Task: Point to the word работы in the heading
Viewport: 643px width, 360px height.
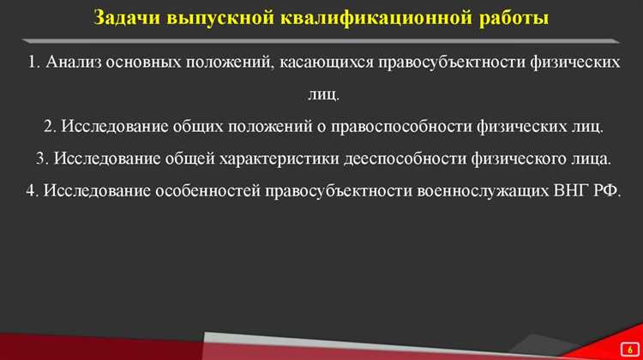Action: (511, 18)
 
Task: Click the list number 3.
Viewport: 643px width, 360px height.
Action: (42, 159)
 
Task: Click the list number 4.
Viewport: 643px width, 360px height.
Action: (31, 190)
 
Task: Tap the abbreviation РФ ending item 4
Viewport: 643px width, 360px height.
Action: (604, 190)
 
